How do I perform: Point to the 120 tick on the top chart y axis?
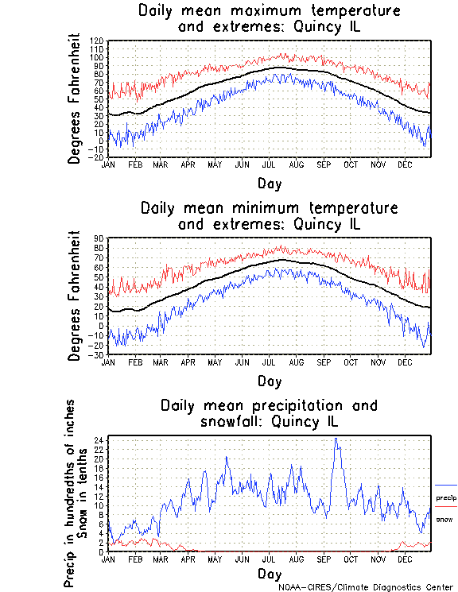pos(97,41)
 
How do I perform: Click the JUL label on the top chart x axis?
pos(270,164)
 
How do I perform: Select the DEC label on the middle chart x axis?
pos(405,362)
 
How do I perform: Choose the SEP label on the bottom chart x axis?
pos(324,559)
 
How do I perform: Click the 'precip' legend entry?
pos(446,498)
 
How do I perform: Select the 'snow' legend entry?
pos(444,519)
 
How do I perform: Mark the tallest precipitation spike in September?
pos(336,439)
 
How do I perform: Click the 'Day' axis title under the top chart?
pos(269,184)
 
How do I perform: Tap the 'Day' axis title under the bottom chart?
pos(269,574)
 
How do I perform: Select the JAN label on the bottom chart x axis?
pos(111,559)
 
